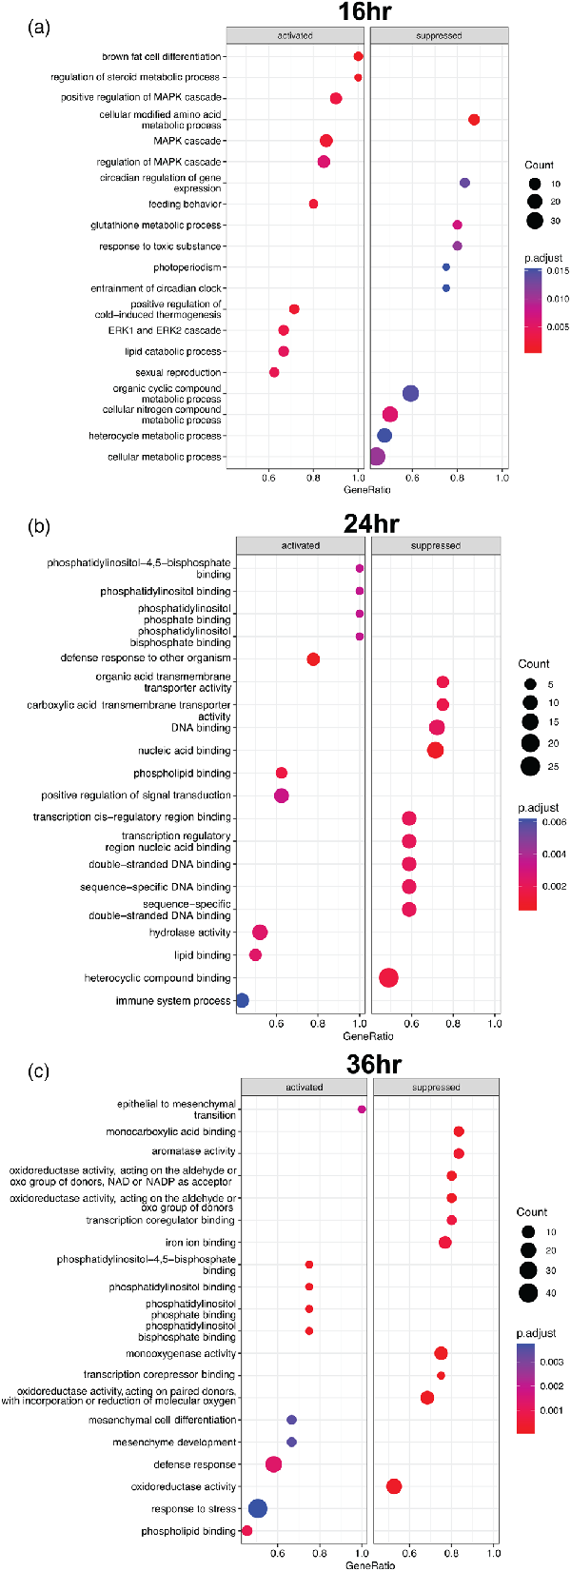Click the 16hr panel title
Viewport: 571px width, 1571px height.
point(364,12)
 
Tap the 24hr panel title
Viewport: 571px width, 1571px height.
point(372,523)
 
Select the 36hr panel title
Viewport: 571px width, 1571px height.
point(374,1064)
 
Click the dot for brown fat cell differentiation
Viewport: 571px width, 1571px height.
point(358,57)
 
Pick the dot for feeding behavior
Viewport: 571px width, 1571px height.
point(313,204)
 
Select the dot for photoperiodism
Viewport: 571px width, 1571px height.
point(445,267)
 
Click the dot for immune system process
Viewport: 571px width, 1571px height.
point(242,1000)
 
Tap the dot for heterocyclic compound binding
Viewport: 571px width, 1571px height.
point(388,977)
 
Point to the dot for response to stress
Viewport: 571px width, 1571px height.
point(257,1508)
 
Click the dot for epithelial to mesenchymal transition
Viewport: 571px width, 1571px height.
point(362,1110)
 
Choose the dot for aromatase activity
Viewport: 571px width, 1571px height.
point(459,1153)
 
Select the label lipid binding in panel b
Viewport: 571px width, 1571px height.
point(202,955)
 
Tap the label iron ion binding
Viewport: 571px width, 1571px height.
point(201,1243)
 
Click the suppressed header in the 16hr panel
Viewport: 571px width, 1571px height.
point(439,36)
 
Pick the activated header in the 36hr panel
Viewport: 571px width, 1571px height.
point(305,1087)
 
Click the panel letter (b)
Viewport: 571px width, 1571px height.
point(41,526)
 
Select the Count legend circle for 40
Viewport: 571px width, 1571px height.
point(529,1292)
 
